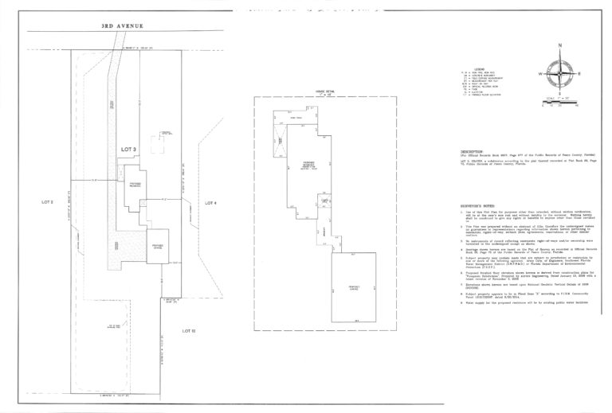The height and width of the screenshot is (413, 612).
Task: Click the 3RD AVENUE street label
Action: click(122, 26)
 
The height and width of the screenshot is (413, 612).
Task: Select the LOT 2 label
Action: click(47, 202)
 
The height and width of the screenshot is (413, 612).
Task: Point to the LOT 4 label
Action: click(210, 203)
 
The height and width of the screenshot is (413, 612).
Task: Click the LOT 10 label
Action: click(188, 307)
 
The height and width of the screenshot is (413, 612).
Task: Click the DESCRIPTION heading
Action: click(476, 150)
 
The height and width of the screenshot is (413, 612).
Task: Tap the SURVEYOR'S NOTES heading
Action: click(481, 205)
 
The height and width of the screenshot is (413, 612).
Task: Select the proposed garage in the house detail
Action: click(357, 285)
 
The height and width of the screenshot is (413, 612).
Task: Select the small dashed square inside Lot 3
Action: click(165, 133)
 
